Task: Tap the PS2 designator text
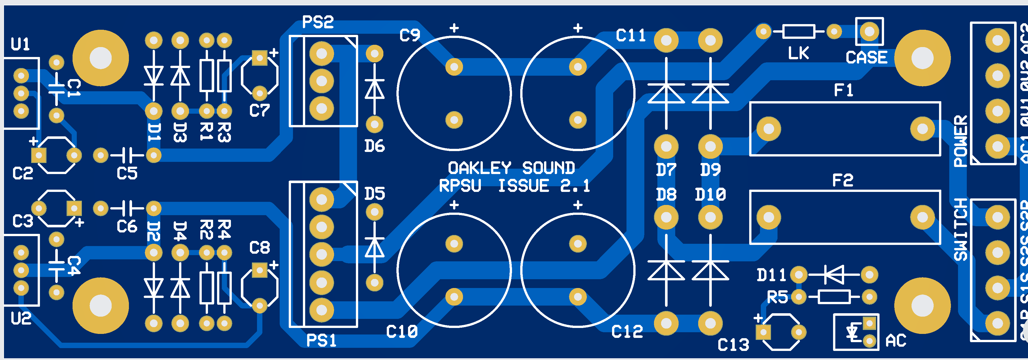[318, 22]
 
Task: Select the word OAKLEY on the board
[479, 168]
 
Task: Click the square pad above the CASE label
[869, 31]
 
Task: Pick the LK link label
[798, 53]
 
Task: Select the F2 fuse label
[842, 180]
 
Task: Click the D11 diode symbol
[834, 275]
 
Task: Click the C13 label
[733, 345]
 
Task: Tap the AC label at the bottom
[896, 341]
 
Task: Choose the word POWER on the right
[961, 141]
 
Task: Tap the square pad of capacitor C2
[39, 155]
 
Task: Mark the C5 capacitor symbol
[127, 155]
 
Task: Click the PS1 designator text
[321, 340]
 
